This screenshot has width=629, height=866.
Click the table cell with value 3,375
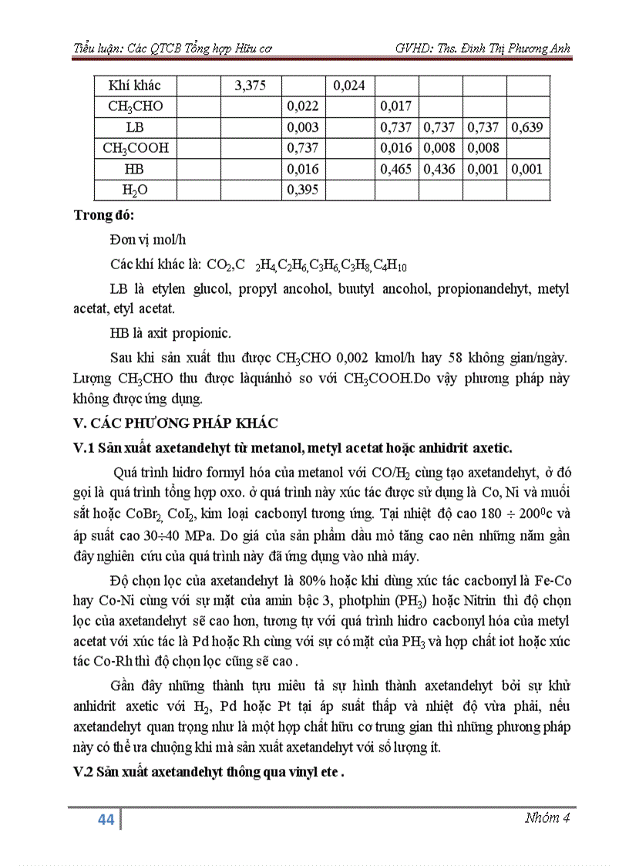pyautogui.click(x=250, y=86)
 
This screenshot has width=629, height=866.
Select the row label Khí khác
pyautogui.click(x=134, y=86)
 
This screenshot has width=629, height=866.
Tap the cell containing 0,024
pyautogui.click(x=348, y=86)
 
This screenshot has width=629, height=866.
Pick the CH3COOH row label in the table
pyautogui.click(x=134, y=148)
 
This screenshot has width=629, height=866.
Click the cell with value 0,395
pyautogui.click(x=302, y=190)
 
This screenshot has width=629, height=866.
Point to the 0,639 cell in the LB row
pyautogui.click(x=527, y=127)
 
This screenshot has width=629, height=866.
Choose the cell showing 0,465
pyautogui.click(x=396, y=169)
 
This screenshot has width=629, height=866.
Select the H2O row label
pyautogui.click(x=134, y=190)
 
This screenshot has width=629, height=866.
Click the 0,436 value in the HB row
pyautogui.click(x=439, y=169)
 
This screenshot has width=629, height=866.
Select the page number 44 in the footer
pyautogui.click(x=106, y=820)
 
